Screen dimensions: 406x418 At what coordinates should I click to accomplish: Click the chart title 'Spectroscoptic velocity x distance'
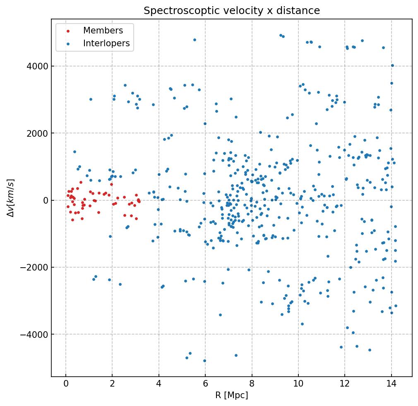[x=232, y=11]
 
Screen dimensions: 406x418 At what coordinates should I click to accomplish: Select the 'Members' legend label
[x=103, y=31]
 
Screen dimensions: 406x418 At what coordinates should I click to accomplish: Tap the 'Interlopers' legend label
[x=106, y=43]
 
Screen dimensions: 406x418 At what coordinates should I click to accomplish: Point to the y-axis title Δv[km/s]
[x=11, y=198]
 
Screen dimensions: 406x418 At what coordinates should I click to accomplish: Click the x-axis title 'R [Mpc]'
[x=232, y=395]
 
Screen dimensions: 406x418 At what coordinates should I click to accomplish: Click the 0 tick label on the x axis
[x=66, y=385]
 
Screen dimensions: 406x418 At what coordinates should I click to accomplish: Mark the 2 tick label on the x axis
[x=112, y=385]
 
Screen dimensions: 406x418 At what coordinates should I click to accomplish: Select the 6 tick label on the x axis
[x=205, y=385]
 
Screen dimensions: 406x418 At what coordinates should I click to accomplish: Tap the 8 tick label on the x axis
[x=252, y=385]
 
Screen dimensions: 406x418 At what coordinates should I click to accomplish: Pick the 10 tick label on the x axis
[x=298, y=385]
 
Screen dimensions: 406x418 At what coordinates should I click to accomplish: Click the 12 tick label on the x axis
[x=345, y=385]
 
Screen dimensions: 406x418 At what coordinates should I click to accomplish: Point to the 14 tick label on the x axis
[x=391, y=385]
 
